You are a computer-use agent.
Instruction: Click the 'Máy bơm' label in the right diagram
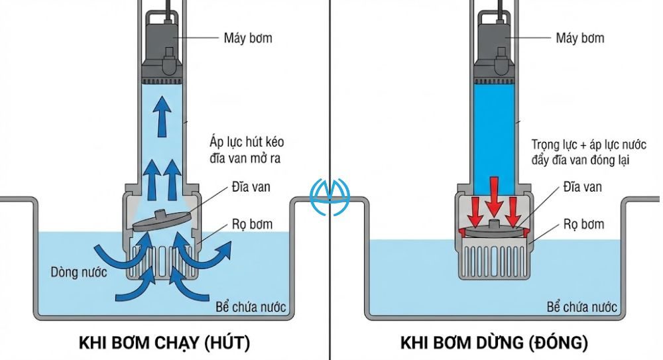pyautogui.click(x=581, y=38)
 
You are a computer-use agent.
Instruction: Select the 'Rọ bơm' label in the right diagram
pyautogui.click(x=583, y=225)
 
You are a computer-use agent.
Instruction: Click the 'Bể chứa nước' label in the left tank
pyautogui.click(x=251, y=307)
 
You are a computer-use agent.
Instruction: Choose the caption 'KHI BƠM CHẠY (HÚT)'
pyautogui.click(x=165, y=343)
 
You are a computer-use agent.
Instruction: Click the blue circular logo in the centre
pyautogui.click(x=330, y=197)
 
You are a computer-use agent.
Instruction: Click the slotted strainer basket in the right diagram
pyautogui.click(x=494, y=261)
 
